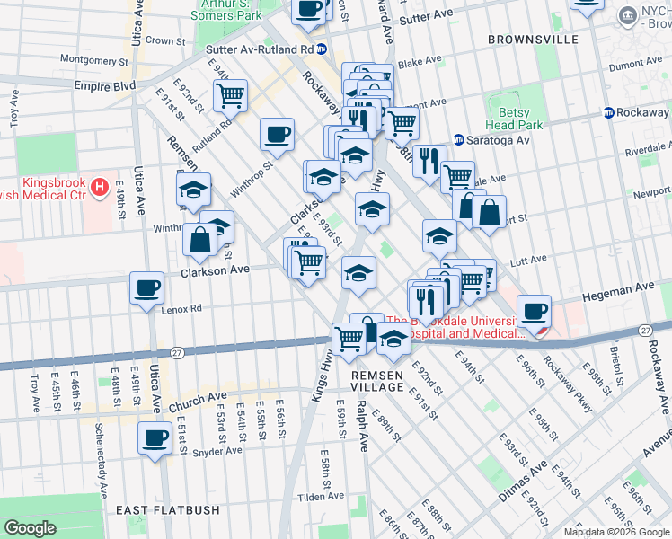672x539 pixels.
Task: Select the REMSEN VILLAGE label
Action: (x=377, y=380)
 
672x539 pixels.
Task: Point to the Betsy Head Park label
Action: (x=514, y=119)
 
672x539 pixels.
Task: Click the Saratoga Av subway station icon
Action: (x=458, y=140)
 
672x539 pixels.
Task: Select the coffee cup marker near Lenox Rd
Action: (x=146, y=288)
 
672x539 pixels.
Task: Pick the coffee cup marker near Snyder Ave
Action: (x=155, y=438)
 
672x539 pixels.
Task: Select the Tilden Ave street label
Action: (x=322, y=496)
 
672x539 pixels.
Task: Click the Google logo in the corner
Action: (x=31, y=528)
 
